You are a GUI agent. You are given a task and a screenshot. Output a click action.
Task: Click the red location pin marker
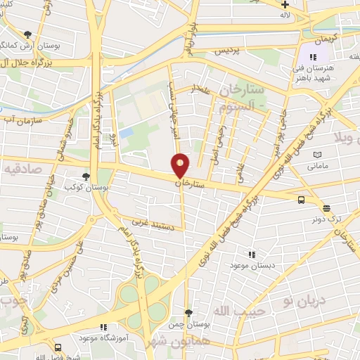[x=181, y=165]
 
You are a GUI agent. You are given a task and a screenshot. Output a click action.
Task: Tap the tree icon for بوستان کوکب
[x=86, y=177]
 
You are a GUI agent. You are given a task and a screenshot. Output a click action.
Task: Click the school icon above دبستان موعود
[x=251, y=255]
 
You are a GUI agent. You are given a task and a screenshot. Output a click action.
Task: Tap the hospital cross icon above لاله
[x=284, y=4]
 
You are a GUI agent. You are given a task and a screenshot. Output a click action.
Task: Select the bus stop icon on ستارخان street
[x=301, y=200]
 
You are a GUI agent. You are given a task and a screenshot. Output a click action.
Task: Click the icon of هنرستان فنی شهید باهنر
[x=312, y=57]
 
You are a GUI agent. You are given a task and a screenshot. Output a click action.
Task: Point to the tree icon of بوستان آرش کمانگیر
[x=27, y=34]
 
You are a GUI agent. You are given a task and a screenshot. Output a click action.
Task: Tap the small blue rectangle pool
[x=126, y=132]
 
